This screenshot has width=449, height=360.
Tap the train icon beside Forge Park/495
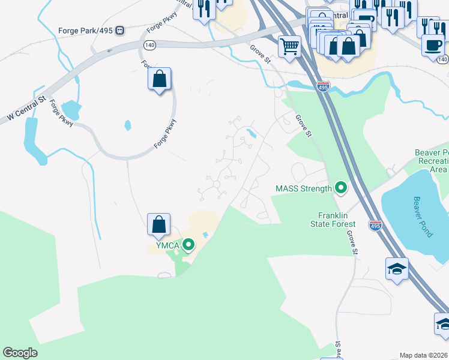tap(120, 30)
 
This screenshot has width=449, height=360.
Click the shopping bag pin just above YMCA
tap(159, 225)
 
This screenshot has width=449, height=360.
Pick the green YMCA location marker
tap(188, 244)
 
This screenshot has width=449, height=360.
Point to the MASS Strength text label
tap(303, 188)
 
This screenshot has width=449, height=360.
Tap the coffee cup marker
tap(432, 46)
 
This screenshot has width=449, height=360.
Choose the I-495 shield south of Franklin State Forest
tap(375, 226)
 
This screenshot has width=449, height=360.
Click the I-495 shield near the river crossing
tap(323, 87)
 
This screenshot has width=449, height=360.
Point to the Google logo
tap(20, 353)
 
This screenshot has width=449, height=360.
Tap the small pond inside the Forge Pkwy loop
tap(127, 125)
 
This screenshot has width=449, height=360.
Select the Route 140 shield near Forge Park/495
tap(149, 44)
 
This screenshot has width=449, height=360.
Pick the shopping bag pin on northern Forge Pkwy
tap(159, 79)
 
